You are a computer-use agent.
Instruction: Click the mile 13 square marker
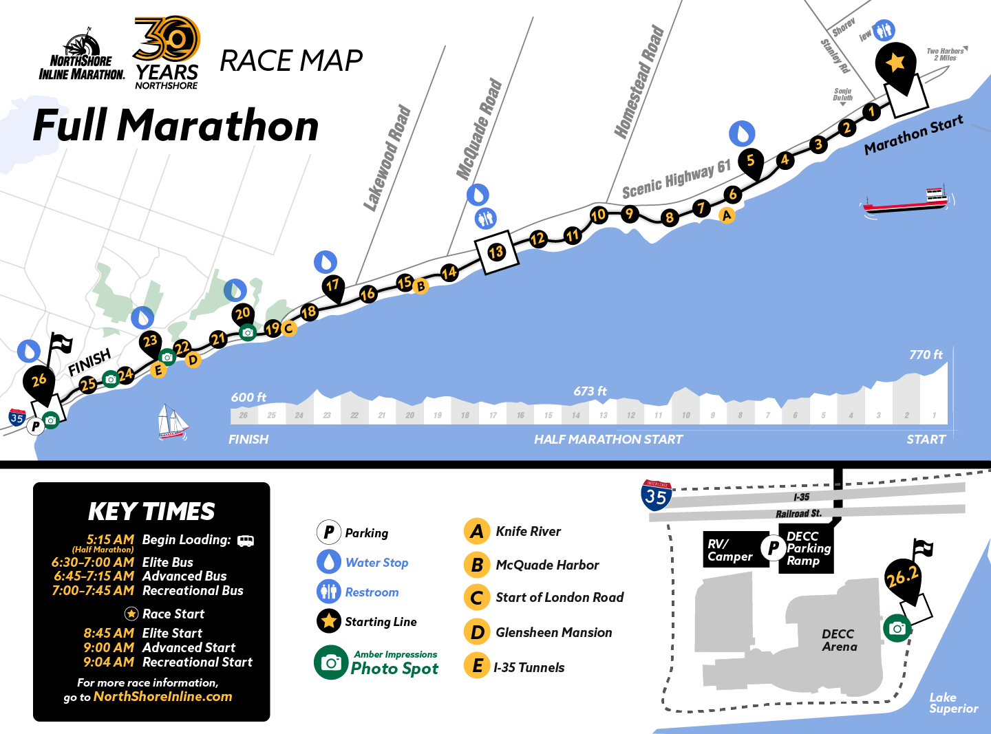[x=496, y=252]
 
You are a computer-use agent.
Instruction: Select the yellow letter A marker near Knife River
[x=727, y=215]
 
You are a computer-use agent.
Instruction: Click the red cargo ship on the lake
[x=908, y=200]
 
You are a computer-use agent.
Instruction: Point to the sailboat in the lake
[x=173, y=422]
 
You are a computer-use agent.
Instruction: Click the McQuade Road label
[x=480, y=129]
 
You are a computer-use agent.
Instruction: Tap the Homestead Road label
[x=639, y=82]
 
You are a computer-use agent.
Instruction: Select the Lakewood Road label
[x=387, y=158]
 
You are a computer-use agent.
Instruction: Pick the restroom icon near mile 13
[x=486, y=219]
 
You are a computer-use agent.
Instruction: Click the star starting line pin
[x=895, y=63]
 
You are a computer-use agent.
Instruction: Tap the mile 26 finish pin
[x=39, y=381]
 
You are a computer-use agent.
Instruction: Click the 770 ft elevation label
[x=926, y=355]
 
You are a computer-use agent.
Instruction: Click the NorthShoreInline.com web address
[x=162, y=696]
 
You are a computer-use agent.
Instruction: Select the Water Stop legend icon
[x=329, y=562]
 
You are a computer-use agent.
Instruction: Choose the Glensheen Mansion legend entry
[x=553, y=632]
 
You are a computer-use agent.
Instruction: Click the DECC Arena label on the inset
[x=839, y=640]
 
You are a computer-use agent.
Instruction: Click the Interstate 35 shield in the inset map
[x=656, y=495]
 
